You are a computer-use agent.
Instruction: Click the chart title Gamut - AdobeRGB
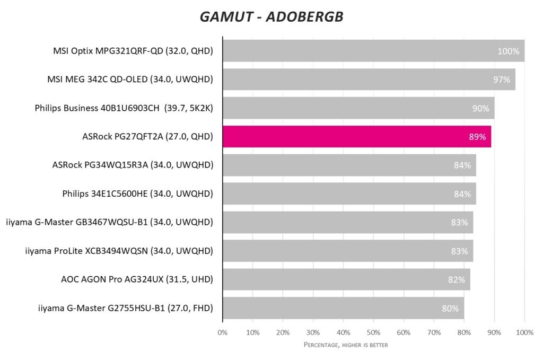(x=271, y=17)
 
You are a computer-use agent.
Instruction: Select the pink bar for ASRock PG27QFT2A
(x=356, y=137)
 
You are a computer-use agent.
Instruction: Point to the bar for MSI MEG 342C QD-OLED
(x=369, y=80)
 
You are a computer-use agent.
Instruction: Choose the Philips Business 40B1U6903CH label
(x=124, y=108)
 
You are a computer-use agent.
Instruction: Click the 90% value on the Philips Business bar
(x=480, y=108)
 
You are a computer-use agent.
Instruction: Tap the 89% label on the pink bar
(x=477, y=137)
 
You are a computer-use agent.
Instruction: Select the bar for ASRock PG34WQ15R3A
(x=349, y=165)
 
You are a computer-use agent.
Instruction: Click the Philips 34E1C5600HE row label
(x=137, y=194)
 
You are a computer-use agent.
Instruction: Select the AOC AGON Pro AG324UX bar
(x=346, y=279)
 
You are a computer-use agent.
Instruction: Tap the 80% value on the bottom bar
(x=450, y=308)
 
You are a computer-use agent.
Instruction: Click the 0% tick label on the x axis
(x=223, y=332)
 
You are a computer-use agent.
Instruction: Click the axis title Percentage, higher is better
(x=346, y=345)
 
